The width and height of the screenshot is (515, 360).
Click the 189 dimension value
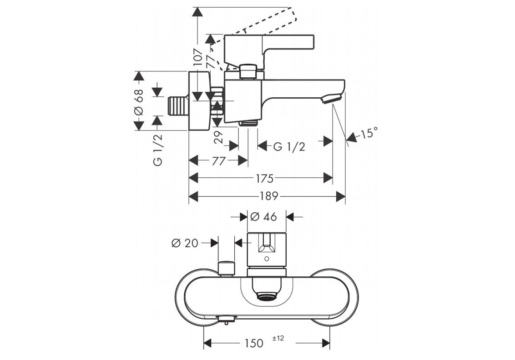[269, 196]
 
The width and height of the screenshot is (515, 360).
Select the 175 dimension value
[265, 179]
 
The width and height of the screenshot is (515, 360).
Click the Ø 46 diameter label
[263, 216]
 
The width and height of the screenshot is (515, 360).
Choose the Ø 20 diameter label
[185, 243]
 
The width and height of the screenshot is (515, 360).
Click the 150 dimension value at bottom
[253, 343]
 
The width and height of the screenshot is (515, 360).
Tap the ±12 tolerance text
[278, 338]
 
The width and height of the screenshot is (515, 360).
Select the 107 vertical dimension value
[198, 58]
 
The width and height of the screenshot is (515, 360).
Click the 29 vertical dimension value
[218, 137]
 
